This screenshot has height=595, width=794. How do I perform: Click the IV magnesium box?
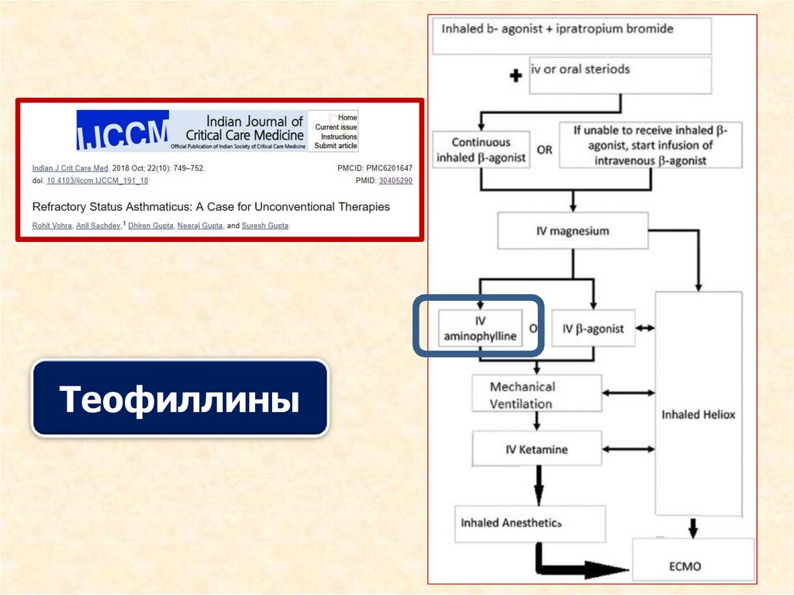tap(573, 231)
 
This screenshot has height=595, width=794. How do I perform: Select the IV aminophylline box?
tap(478, 329)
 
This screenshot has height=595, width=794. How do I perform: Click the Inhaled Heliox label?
tap(698, 414)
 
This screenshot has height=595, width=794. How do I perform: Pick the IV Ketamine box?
tap(537, 449)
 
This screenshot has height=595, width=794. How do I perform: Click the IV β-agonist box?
tap(593, 328)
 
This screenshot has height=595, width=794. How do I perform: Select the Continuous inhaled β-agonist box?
tap(481, 150)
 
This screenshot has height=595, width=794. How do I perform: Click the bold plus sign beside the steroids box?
tap(515, 76)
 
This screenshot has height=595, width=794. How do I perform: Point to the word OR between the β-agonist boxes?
tap(544, 150)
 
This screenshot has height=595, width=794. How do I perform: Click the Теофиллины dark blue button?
tap(179, 399)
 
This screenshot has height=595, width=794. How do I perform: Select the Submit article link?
tap(335, 145)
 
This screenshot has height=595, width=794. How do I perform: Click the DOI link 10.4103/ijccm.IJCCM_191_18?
tap(97, 180)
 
